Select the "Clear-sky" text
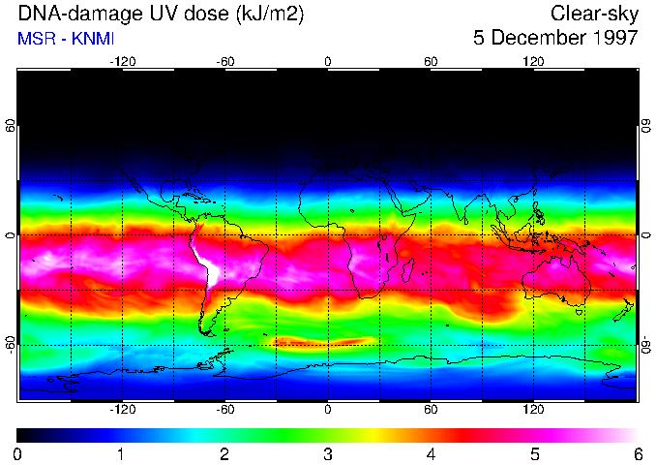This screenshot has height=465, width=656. [594, 15]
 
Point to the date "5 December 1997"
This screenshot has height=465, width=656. [555, 39]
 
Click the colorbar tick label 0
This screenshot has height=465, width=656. [18, 453]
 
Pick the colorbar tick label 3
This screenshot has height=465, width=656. [328, 453]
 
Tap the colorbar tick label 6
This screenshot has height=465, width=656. [638, 453]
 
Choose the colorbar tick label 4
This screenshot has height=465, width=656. [432, 453]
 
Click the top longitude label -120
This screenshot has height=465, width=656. [122, 61]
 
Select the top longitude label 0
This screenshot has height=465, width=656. [328, 61]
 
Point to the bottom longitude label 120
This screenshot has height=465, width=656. [534, 410]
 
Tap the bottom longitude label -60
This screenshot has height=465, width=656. [224, 410]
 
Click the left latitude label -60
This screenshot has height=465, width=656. [11, 345]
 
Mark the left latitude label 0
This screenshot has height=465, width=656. [11, 235]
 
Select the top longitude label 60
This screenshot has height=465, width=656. [431, 61]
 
